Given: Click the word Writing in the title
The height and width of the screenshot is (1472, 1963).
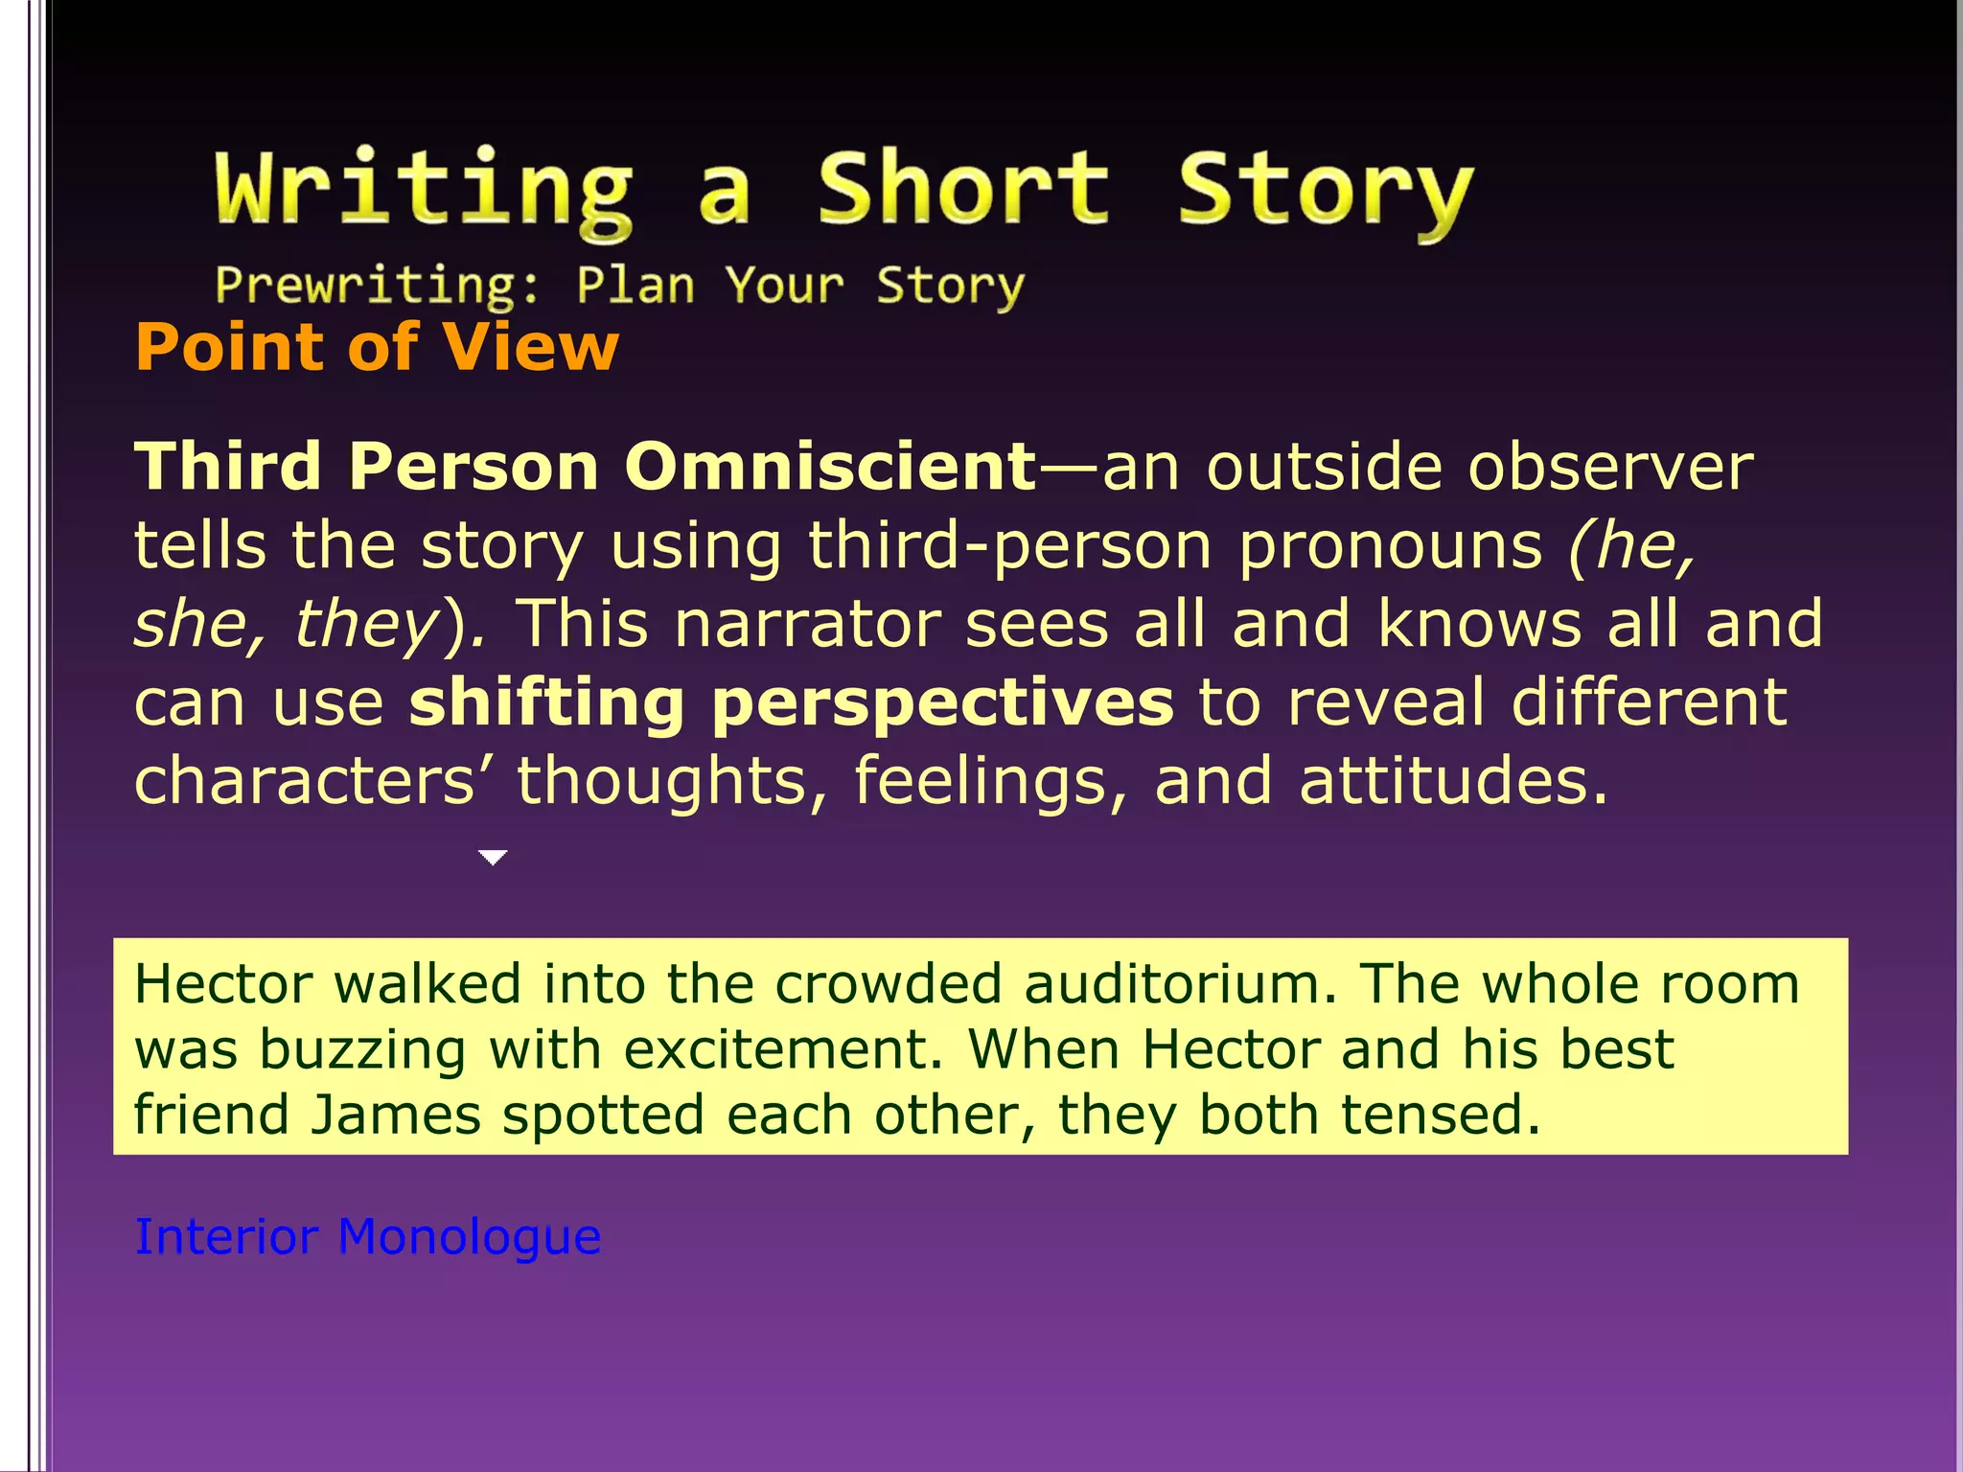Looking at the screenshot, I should tap(424, 190).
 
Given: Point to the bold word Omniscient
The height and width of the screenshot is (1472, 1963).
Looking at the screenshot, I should tap(830, 467).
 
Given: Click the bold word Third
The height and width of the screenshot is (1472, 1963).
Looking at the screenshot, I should tap(227, 467).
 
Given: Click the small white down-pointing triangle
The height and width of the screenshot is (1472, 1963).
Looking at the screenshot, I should tap(493, 857).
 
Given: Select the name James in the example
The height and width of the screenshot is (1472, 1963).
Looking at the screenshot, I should tap(396, 1115).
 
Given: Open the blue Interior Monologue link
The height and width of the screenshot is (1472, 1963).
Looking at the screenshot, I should tap(367, 1237).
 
